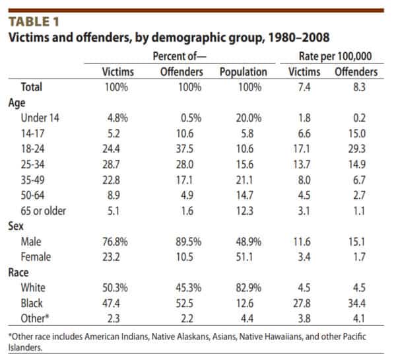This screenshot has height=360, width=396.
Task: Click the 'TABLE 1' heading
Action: pos(34,22)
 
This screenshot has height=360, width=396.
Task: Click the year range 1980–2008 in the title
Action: pos(299,38)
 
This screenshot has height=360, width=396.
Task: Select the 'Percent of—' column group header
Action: pos(180,56)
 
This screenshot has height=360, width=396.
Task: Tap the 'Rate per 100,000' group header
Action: pos(335,56)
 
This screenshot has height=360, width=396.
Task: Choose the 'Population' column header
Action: pos(243,72)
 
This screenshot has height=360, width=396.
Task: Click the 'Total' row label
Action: pos(31,87)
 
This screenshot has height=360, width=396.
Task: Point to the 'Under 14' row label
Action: pos(40,118)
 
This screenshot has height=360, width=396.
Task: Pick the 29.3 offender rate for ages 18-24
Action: pos(356,149)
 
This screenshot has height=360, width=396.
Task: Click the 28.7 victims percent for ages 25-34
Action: pos(111,164)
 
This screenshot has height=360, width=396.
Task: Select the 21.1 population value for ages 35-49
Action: pos(244,180)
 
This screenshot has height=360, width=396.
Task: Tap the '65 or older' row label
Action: pos(43,211)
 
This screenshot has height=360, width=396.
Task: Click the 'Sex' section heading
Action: pos(16,226)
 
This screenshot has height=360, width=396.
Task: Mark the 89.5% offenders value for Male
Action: pos(188,242)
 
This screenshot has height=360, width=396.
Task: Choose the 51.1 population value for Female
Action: pos(244,257)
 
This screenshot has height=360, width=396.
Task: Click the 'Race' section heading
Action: pos(18,273)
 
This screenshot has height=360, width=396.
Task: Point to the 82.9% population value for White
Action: pos(249,288)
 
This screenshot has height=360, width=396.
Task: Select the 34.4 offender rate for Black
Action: pos(356,303)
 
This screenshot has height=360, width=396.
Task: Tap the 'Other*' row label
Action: pos(34,318)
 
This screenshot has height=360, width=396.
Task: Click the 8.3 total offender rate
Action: pos(359,87)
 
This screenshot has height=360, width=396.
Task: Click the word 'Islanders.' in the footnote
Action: pos(25,347)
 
